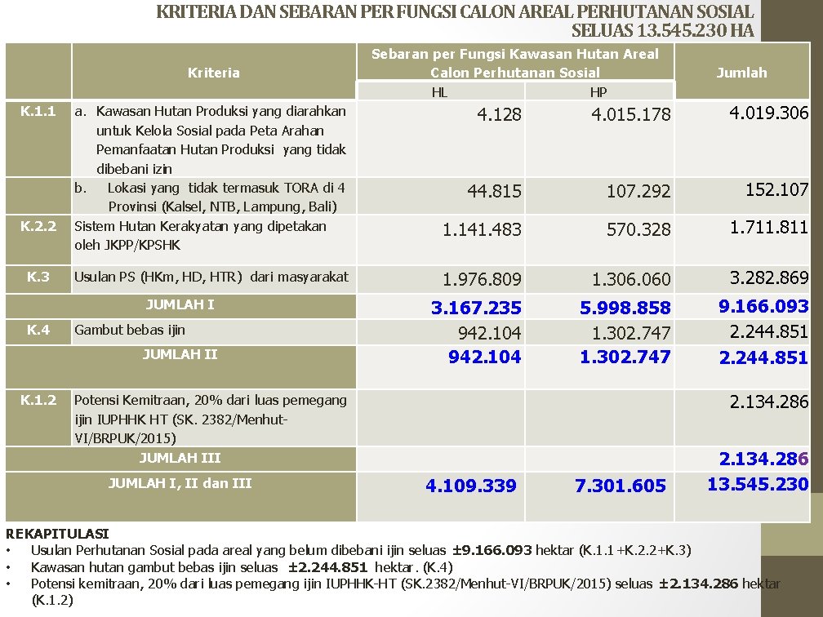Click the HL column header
coord(439,92)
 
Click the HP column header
coord(598,92)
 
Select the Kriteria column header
coord(214,73)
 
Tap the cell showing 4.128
coord(499,115)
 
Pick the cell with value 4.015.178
coord(631,115)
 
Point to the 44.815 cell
coord(494,192)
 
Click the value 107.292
coord(638,192)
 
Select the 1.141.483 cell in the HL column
coord(482,230)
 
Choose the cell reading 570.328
coord(638,230)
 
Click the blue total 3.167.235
coord(476,308)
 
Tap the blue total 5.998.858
coord(625,308)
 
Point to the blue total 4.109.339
coord(471,486)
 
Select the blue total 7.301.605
coord(621,486)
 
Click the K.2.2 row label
coord(38,226)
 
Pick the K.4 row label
coord(38,330)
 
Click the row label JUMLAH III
coord(180,458)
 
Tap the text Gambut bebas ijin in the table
coord(130,330)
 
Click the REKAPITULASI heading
coord(57,534)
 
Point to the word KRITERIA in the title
coord(195,13)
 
